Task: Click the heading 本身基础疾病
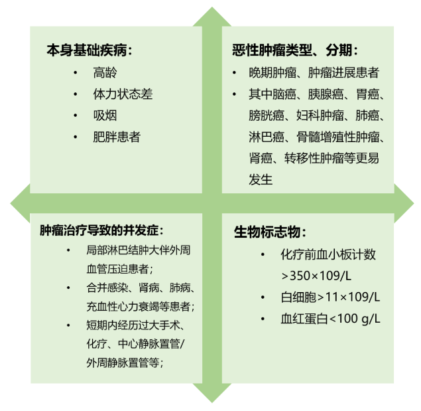pyautogui.click(x=89, y=50)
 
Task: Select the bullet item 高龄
pyautogui.click(x=105, y=72)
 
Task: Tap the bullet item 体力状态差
pyautogui.click(x=123, y=94)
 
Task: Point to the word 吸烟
pyautogui.click(x=105, y=116)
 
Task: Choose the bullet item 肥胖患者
pyautogui.click(x=117, y=137)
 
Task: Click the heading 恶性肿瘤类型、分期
pyautogui.click(x=296, y=50)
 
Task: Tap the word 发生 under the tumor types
pyautogui.click(x=261, y=179)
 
